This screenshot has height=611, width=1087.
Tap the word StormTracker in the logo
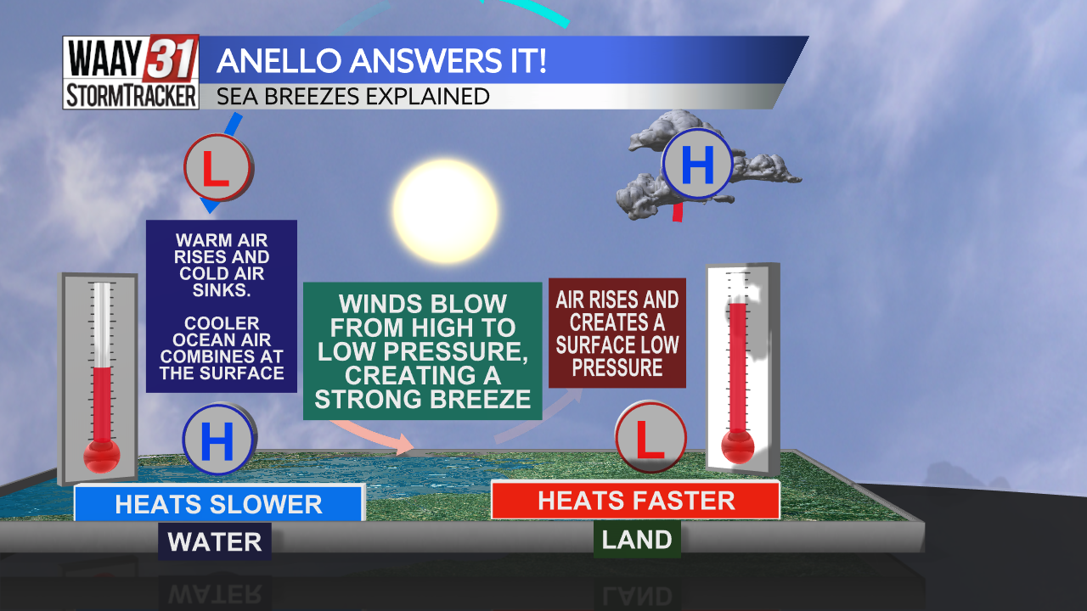tap(131, 96)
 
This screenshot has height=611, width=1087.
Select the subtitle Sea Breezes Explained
tap(353, 96)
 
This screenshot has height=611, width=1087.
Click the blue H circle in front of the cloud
tap(697, 165)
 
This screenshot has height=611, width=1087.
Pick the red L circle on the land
tap(651, 438)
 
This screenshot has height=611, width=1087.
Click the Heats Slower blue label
tap(219, 503)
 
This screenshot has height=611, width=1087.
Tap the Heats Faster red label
tap(635, 500)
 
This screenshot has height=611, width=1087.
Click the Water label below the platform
tap(215, 541)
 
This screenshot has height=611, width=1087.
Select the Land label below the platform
tap(637, 540)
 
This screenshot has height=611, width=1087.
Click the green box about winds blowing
tap(422, 350)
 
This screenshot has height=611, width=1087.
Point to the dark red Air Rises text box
tap(617, 333)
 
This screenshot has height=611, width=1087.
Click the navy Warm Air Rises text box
tap(222, 305)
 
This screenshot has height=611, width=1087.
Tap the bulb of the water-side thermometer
tap(102, 457)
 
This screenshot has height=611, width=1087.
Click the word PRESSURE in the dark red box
tap(617, 367)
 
